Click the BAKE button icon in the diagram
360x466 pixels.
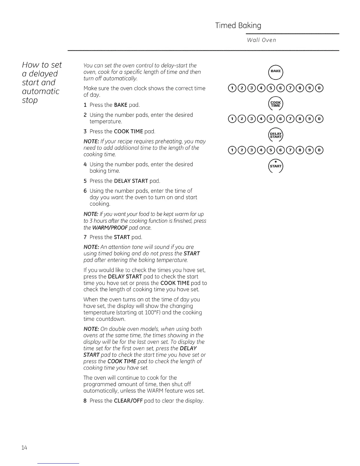click(276, 71)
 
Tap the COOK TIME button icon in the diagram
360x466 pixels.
click(276, 104)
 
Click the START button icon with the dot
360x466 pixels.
click(276, 166)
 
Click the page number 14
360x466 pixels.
click(24, 448)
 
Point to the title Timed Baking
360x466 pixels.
click(238, 26)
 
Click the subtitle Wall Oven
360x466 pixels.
click(261, 40)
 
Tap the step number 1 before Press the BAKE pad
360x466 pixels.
click(85, 105)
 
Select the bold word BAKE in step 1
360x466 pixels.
click(121, 105)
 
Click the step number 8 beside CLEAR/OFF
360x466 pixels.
click(85, 401)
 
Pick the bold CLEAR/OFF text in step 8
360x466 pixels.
click(130, 401)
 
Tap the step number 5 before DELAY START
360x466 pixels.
click(85, 181)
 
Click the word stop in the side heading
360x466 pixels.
click(30, 100)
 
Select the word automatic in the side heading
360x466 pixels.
click(41, 91)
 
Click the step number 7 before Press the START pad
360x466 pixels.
click(85, 237)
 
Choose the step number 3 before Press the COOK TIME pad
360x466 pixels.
click(85, 131)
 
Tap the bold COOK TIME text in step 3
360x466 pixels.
click(129, 131)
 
